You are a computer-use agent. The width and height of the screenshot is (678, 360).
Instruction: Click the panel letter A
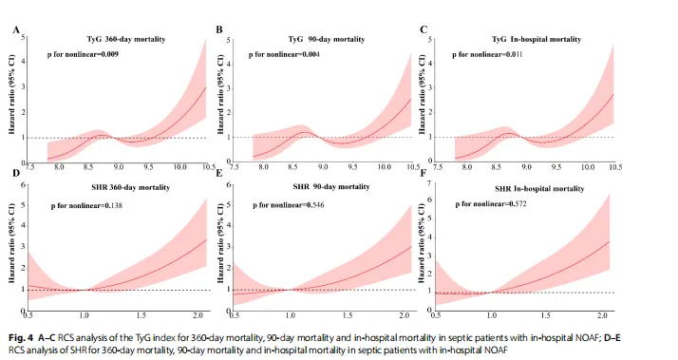16,30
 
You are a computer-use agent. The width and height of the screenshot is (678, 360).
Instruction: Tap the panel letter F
424,173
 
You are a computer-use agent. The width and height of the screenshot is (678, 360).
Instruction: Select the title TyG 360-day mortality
126,39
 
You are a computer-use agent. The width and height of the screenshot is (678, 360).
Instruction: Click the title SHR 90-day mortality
331,186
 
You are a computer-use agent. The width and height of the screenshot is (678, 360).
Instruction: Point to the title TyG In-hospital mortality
537,39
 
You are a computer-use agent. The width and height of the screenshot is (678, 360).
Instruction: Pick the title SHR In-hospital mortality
539,189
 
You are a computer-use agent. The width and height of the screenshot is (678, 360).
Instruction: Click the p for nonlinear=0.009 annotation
83,54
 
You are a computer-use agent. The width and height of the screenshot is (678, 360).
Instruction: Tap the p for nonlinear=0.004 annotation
284,54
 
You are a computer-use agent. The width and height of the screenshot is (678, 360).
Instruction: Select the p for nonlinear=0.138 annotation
86,205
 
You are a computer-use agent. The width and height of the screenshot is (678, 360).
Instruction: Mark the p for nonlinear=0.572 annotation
491,204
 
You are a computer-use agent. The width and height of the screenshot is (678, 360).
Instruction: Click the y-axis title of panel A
11,94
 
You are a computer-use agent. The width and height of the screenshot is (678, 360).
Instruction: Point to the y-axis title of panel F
422,243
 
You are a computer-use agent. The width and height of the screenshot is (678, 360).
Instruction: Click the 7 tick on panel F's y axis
429,184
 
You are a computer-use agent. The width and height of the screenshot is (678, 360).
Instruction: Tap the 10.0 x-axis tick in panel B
384,167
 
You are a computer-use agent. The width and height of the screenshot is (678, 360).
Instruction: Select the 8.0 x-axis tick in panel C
466,167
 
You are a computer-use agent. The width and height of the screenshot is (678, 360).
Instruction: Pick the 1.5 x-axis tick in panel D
141,316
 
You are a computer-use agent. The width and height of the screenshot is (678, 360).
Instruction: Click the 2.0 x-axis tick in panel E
404,316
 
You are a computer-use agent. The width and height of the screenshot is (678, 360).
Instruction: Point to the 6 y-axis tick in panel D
23,185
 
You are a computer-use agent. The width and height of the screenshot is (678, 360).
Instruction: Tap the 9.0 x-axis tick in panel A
118,167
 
